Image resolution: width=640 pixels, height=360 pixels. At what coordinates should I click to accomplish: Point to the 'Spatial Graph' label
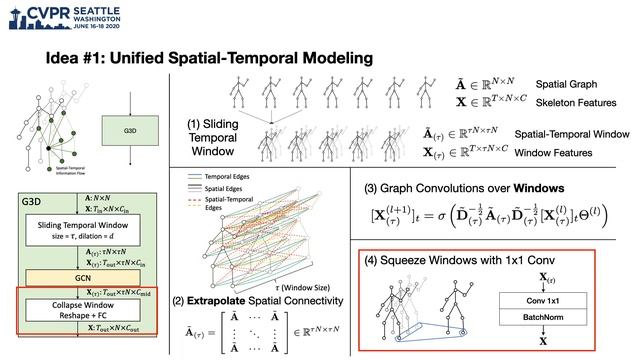coord(569,84)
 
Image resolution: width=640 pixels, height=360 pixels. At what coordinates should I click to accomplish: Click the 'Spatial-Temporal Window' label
coord(571,134)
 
